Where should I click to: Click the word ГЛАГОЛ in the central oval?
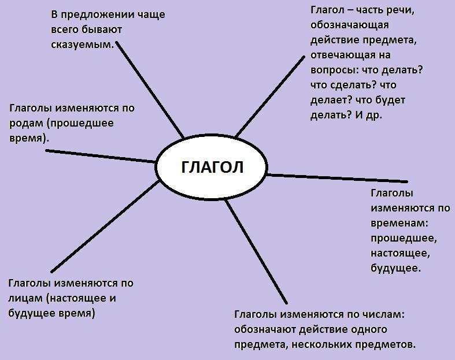pyautogui.click(x=212, y=167)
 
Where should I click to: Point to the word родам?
pyautogui.click(x=27, y=123)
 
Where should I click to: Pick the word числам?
pyautogui.click(x=380, y=315)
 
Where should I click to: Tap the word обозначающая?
pyautogui.click(x=349, y=25)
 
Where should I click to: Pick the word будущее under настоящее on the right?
pyautogui.click(x=395, y=268)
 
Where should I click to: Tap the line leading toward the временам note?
pyautogui.click(x=338, y=178)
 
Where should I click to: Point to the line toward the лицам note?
pyautogui.click(x=104, y=226)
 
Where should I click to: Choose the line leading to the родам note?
pyautogui.click(x=101, y=156)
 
